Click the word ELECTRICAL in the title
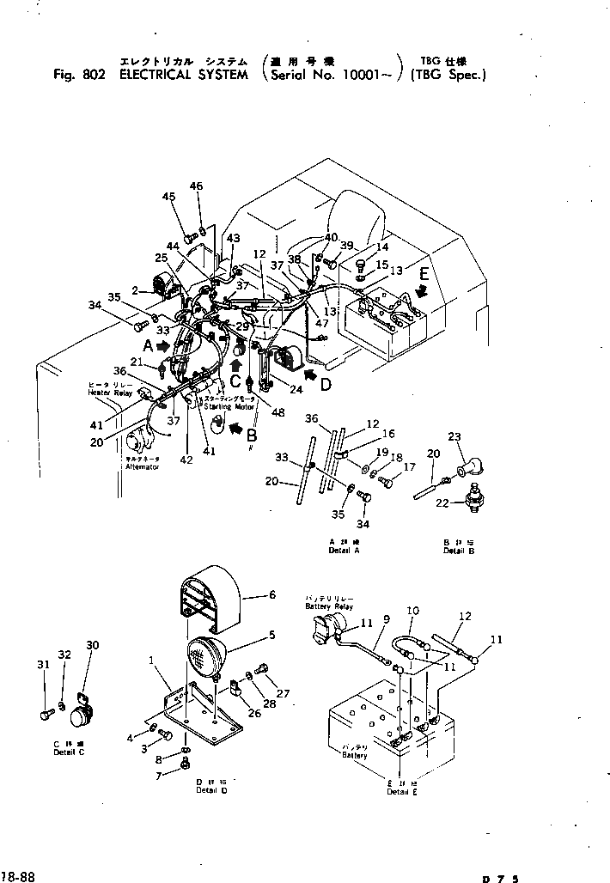point(156,74)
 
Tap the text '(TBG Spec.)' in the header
point(448,74)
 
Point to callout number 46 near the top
point(196,187)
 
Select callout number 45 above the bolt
point(169,198)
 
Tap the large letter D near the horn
point(326,384)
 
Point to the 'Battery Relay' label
point(329,606)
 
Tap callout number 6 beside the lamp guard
point(271,594)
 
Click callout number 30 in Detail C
point(93,645)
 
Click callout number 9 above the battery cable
point(387,618)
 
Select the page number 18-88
point(17,876)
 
